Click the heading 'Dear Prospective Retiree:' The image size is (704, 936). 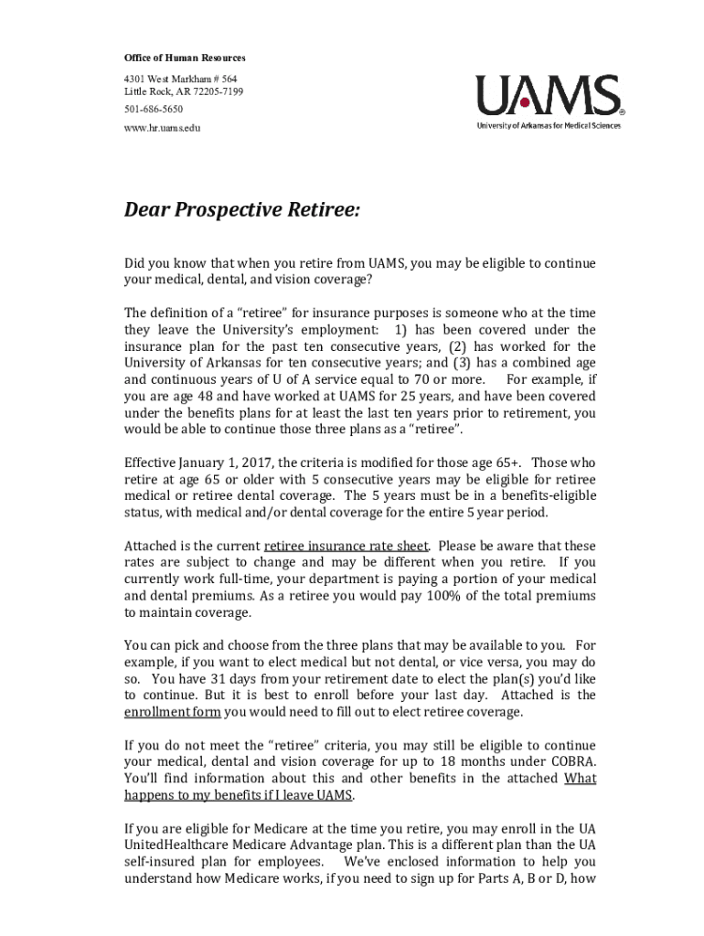pyautogui.click(x=242, y=211)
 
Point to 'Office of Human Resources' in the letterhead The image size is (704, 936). pyautogui.click(x=186, y=58)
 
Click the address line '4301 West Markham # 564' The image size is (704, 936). pyautogui.click(x=180, y=79)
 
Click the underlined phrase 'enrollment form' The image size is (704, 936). pyautogui.click(x=173, y=712)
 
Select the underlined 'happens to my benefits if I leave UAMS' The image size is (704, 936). pyautogui.click(x=239, y=795)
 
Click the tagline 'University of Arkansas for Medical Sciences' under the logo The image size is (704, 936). pyautogui.click(x=548, y=125)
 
